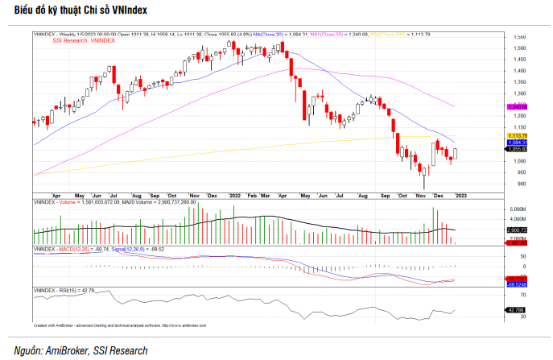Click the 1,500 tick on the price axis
(521, 48)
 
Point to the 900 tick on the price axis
(519, 184)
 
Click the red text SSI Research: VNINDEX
(85, 41)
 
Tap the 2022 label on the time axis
(234, 196)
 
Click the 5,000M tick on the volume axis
(519, 209)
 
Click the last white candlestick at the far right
(456, 153)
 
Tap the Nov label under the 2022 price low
(420, 196)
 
